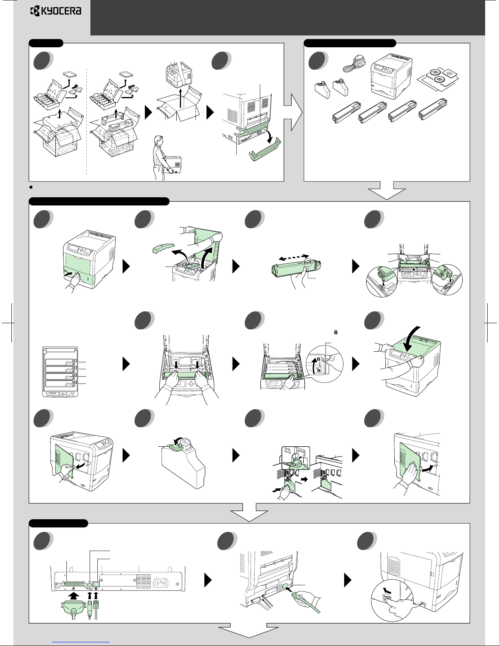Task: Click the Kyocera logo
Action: click(56, 11)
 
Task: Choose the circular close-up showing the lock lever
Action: click(325, 364)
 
